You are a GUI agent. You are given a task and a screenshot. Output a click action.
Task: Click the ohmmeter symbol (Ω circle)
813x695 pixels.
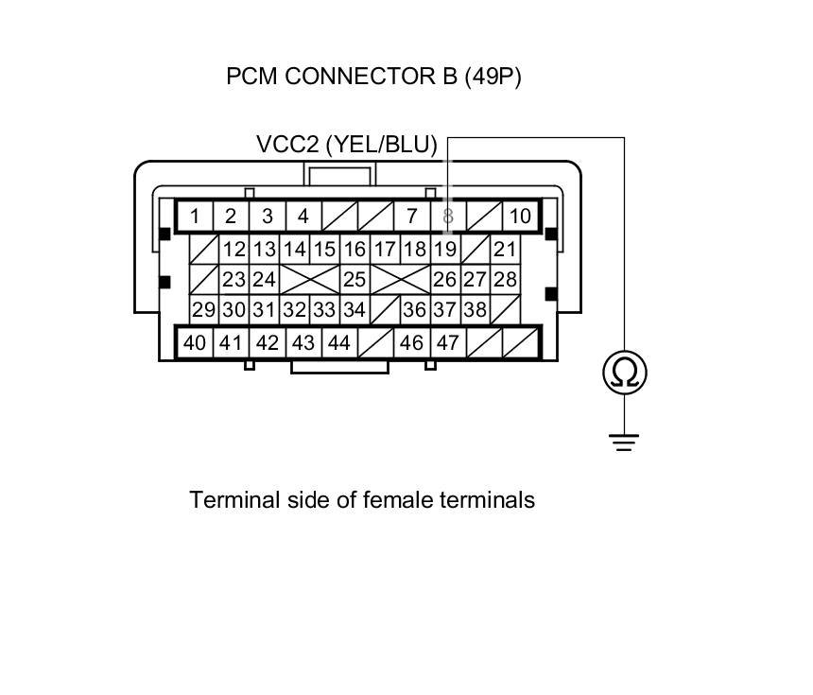click(625, 373)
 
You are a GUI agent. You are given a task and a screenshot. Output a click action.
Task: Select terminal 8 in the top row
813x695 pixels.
click(448, 217)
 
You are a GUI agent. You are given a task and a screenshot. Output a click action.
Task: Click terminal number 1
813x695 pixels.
click(195, 217)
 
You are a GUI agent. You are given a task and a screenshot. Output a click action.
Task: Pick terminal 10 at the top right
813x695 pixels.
click(520, 217)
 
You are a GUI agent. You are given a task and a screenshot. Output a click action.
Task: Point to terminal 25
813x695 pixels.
click(355, 280)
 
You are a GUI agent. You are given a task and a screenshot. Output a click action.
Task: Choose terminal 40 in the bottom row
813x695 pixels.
click(195, 342)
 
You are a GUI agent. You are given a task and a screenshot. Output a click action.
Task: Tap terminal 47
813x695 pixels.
click(448, 342)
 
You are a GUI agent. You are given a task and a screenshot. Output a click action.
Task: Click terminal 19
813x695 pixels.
click(445, 250)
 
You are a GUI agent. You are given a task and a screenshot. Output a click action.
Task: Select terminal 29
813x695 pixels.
click(203, 309)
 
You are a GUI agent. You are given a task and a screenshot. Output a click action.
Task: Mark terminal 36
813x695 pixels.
click(414, 309)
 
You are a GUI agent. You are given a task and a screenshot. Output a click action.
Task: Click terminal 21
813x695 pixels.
click(506, 250)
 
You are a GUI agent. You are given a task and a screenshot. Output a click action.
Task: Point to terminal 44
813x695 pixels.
click(338, 342)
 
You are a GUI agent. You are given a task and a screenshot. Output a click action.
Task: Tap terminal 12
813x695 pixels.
click(234, 250)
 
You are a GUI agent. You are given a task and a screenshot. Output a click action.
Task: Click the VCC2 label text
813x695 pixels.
click(289, 145)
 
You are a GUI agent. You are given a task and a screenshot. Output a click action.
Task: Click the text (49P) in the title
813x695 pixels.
click(493, 77)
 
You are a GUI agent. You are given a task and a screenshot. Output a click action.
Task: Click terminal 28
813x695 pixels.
click(506, 280)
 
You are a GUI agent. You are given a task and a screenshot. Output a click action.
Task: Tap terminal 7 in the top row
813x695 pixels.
click(411, 217)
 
